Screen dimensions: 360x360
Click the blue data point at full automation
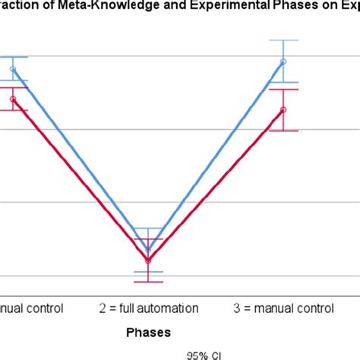(x=148, y=249)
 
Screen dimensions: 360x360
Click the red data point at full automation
(x=148, y=261)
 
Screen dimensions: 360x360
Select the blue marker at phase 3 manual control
(x=283, y=62)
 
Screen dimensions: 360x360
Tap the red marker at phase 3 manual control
(x=283, y=109)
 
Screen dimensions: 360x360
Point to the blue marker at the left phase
(x=12, y=69)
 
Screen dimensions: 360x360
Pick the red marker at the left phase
(x=12, y=99)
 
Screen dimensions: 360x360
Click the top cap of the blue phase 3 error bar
(x=283, y=39)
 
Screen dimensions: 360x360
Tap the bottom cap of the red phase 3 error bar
(x=283, y=131)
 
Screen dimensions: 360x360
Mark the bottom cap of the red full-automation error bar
(x=148, y=283)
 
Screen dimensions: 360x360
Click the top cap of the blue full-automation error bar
(x=148, y=228)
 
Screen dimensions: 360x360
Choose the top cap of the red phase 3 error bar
(x=283, y=89)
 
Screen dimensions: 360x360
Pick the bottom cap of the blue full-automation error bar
(x=148, y=271)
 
